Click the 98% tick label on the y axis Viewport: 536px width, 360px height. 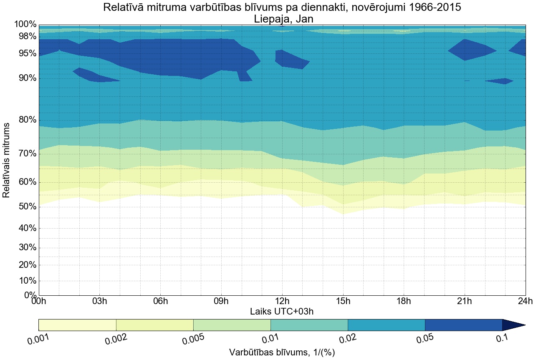[x=25, y=37]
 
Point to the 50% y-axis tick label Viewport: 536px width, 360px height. [x=25, y=207]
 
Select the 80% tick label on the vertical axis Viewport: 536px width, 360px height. [x=25, y=120]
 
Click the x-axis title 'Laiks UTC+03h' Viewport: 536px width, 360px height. [x=282, y=311]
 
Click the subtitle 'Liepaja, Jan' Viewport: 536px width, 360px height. [x=283, y=19]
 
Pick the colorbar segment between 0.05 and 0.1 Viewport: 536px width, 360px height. [x=463, y=325]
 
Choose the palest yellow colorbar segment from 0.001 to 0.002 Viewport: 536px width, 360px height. [x=77, y=325]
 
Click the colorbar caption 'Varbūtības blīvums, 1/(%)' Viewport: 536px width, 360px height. [x=282, y=352]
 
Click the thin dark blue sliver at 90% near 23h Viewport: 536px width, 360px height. [x=501, y=81]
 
